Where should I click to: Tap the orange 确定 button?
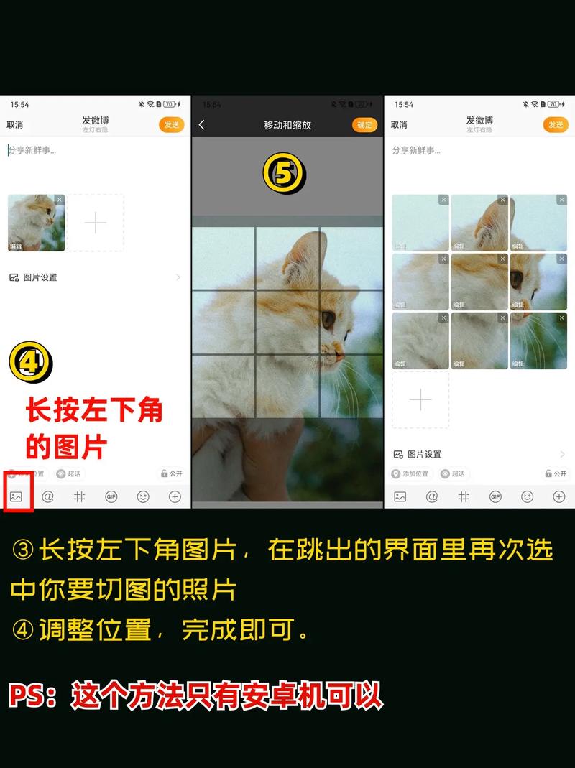tap(365, 125)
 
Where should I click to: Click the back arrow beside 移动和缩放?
tap(202, 125)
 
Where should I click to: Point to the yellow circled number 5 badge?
tap(284, 174)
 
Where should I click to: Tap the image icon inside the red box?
tap(17, 496)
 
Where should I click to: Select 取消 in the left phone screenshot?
tap(14, 125)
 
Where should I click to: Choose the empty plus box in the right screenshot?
tap(420, 399)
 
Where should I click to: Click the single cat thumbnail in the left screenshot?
tap(36, 223)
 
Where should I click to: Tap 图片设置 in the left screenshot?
tap(40, 277)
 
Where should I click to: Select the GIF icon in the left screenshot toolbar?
tap(111, 496)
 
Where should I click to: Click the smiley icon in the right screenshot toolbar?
tap(527, 496)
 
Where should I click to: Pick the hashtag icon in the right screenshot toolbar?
tap(464, 496)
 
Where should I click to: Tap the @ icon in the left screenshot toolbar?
tap(48, 496)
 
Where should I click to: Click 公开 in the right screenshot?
tap(555, 474)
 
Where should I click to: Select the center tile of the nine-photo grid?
tap(479, 282)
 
